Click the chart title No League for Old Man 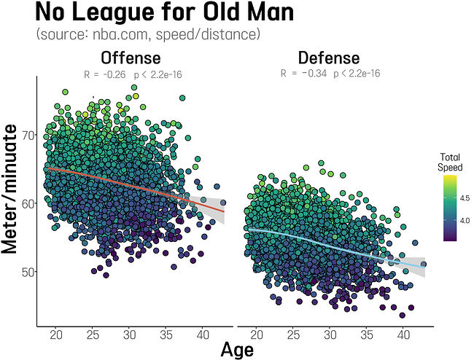point(145,13)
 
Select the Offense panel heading point(131,58)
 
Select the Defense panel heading point(328,58)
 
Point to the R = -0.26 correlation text point(131,74)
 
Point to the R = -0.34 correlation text point(330,73)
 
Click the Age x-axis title point(237,350)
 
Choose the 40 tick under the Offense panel point(203,334)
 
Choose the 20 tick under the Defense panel point(257,334)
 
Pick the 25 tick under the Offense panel point(93,334)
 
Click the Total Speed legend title point(450,162)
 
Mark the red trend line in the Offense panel point(131,184)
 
